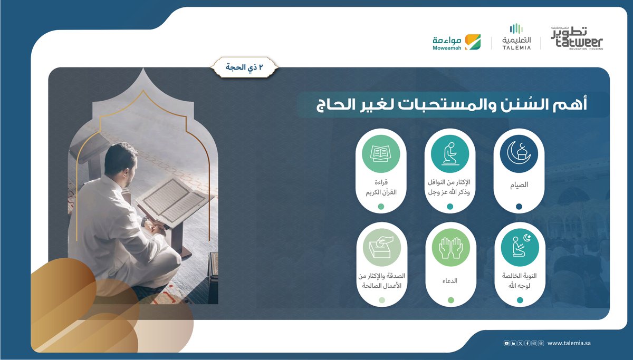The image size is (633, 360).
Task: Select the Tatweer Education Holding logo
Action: pyautogui.click(x=577, y=38)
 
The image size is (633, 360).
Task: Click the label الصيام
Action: pyautogui.click(x=519, y=185)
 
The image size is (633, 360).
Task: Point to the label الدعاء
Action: pyautogui.click(x=450, y=281)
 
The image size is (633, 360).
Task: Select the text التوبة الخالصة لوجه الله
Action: pyautogui.click(x=520, y=280)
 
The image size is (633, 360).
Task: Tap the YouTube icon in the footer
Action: pyautogui.click(x=507, y=343)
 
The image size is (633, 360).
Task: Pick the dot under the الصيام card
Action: pyautogui.click(x=519, y=207)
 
